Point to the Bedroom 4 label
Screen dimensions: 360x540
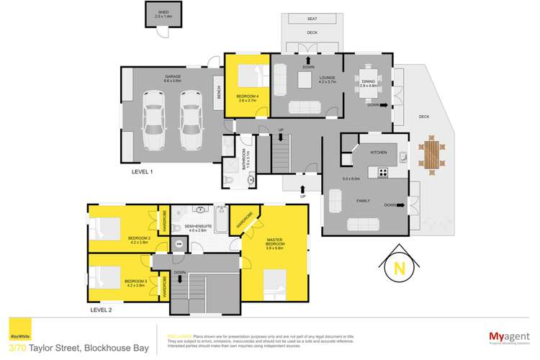click(x=246, y=96)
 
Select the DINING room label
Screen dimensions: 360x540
click(x=369, y=82)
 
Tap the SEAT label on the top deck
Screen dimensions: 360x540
click(x=312, y=19)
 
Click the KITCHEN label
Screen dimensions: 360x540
click(x=379, y=153)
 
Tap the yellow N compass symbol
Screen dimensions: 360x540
click(x=395, y=269)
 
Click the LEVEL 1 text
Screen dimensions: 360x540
click(x=142, y=171)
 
